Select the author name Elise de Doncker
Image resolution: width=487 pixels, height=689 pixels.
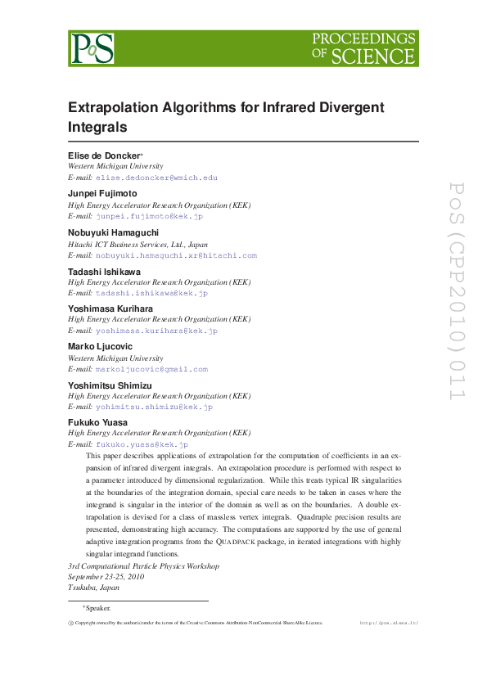105,155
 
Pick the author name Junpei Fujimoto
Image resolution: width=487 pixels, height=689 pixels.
102,194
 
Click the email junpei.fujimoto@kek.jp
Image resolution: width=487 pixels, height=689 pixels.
149,217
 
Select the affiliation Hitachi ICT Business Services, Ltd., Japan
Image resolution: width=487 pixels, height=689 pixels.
138,244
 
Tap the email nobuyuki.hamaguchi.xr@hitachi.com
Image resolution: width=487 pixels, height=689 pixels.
176,255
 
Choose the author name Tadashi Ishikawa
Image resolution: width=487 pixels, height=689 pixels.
103,271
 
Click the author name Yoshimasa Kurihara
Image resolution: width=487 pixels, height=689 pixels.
109,309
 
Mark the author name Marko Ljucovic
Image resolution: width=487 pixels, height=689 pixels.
101,348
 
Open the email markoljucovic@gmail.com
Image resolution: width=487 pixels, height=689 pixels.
151,370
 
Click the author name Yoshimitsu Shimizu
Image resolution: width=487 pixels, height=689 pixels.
110,385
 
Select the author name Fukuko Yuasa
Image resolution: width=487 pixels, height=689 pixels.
97,423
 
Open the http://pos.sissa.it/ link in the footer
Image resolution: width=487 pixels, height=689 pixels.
390,623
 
